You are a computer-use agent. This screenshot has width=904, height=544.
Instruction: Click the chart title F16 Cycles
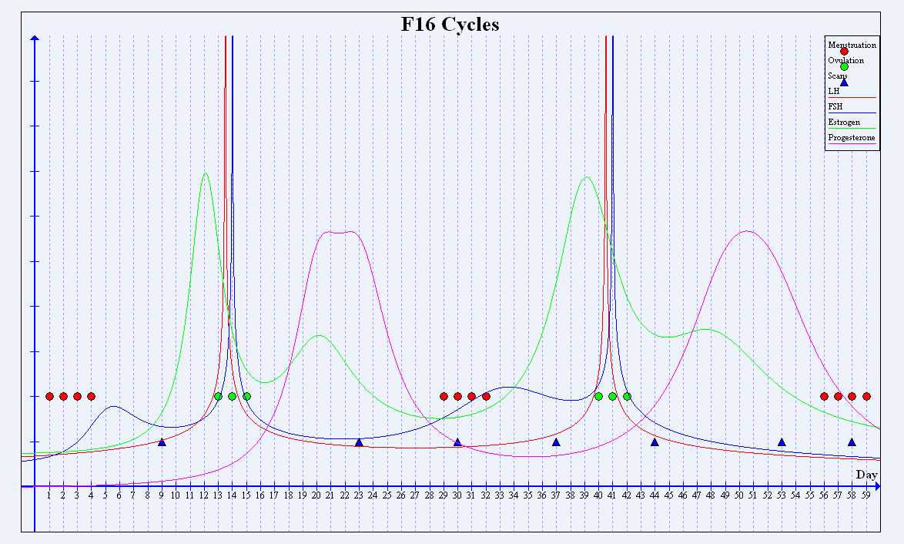(x=450, y=25)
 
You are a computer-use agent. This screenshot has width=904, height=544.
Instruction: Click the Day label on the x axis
(x=866, y=475)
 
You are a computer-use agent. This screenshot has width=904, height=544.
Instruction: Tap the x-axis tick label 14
(x=232, y=496)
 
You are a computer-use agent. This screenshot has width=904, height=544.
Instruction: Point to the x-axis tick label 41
(x=612, y=496)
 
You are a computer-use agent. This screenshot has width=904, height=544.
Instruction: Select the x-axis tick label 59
(x=866, y=496)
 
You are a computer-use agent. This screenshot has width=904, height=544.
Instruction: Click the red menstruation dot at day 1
(x=49, y=396)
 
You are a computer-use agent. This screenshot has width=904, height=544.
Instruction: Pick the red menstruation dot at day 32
(x=486, y=396)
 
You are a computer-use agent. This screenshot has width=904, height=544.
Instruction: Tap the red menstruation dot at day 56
(x=824, y=396)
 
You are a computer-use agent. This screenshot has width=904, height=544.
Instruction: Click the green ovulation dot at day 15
(x=246, y=396)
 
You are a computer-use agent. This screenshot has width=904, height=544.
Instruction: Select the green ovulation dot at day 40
(x=598, y=396)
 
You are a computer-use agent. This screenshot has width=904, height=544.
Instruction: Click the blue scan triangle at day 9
(x=162, y=442)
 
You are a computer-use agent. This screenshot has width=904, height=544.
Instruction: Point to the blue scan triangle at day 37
(x=556, y=442)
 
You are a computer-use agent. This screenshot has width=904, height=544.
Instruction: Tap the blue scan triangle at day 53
(x=782, y=442)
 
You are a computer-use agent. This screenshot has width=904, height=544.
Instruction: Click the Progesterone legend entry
(x=852, y=138)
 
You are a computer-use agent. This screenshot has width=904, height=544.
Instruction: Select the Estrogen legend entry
(x=845, y=123)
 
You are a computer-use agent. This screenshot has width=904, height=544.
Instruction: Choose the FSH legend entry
(x=835, y=107)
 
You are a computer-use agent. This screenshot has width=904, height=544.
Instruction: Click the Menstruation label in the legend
(x=852, y=45)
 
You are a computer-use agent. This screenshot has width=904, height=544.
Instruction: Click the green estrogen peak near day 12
(x=205, y=173)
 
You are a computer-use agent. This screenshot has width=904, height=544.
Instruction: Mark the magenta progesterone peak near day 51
(x=745, y=231)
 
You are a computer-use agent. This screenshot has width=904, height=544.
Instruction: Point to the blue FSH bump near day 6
(x=113, y=406)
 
